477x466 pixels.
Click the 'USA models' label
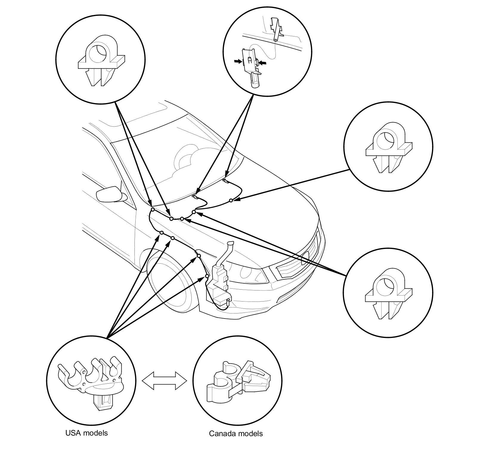[86, 433]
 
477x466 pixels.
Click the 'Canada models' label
[236, 433]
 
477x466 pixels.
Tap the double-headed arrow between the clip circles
[164, 381]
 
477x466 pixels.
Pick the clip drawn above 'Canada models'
[238, 382]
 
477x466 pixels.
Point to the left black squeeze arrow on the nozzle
[238, 61]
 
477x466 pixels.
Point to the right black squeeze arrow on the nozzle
[263, 63]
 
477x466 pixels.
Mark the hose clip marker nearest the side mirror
[152, 210]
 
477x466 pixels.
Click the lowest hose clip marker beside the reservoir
[207, 276]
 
